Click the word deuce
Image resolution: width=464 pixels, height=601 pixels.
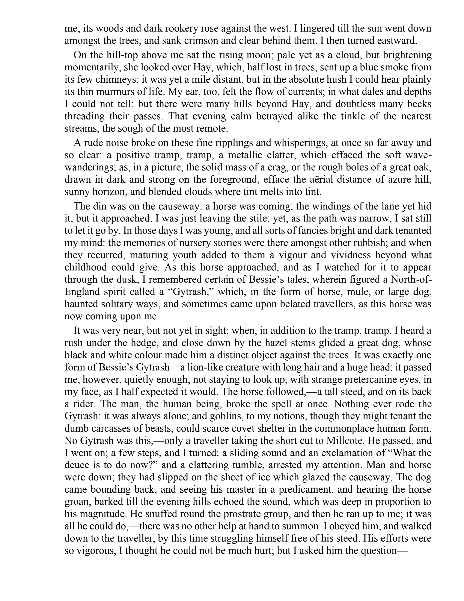coord(78,465)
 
